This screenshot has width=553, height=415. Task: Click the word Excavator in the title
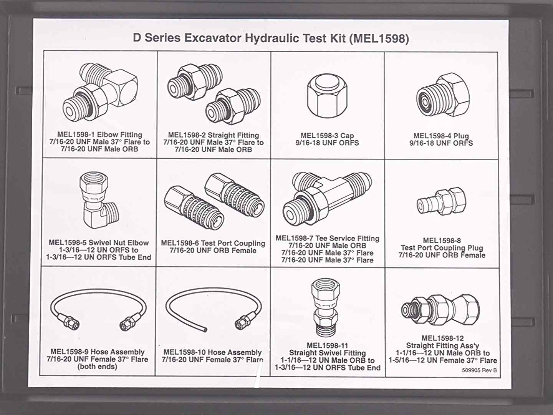click(212, 38)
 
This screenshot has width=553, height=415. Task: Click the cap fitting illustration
click(327, 96)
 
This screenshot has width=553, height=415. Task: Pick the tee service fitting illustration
click(327, 199)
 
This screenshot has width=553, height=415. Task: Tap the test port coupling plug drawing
click(441, 201)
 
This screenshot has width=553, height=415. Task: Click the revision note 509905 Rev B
click(479, 370)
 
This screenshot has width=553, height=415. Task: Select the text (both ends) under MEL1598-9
click(97, 366)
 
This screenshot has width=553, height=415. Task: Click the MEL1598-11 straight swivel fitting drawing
click(326, 308)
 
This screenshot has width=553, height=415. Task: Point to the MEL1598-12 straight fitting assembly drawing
click(440, 310)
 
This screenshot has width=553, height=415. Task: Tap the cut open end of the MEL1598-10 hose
click(205, 329)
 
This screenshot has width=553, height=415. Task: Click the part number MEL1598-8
click(442, 241)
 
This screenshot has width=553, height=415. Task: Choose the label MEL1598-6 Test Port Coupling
click(213, 243)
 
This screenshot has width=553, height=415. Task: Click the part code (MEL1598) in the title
click(379, 38)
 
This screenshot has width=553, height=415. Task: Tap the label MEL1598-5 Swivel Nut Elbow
click(99, 242)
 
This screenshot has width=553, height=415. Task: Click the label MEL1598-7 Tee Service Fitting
click(327, 238)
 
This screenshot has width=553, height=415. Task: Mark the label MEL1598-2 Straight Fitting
click(214, 135)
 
